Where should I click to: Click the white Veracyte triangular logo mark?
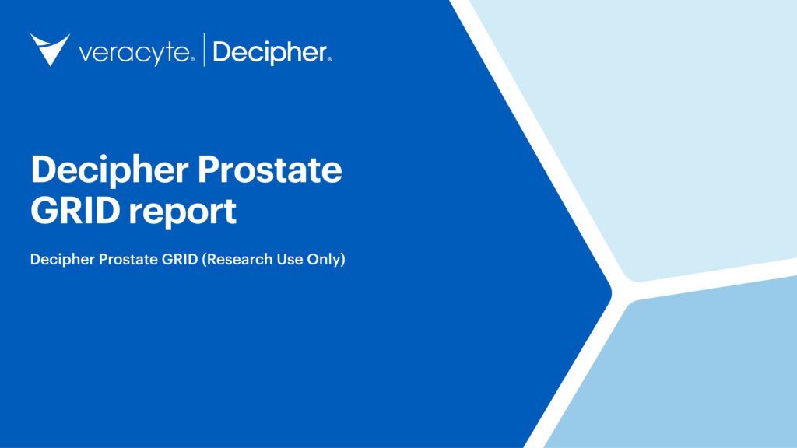(x=49, y=48)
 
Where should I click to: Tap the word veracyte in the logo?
(x=134, y=53)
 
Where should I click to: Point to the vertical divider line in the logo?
(x=203, y=50)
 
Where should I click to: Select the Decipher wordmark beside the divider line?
(x=269, y=53)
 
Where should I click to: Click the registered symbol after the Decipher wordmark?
(x=329, y=58)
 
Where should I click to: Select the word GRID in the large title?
(x=72, y=211)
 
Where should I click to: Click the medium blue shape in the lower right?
(x=685, y=373)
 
